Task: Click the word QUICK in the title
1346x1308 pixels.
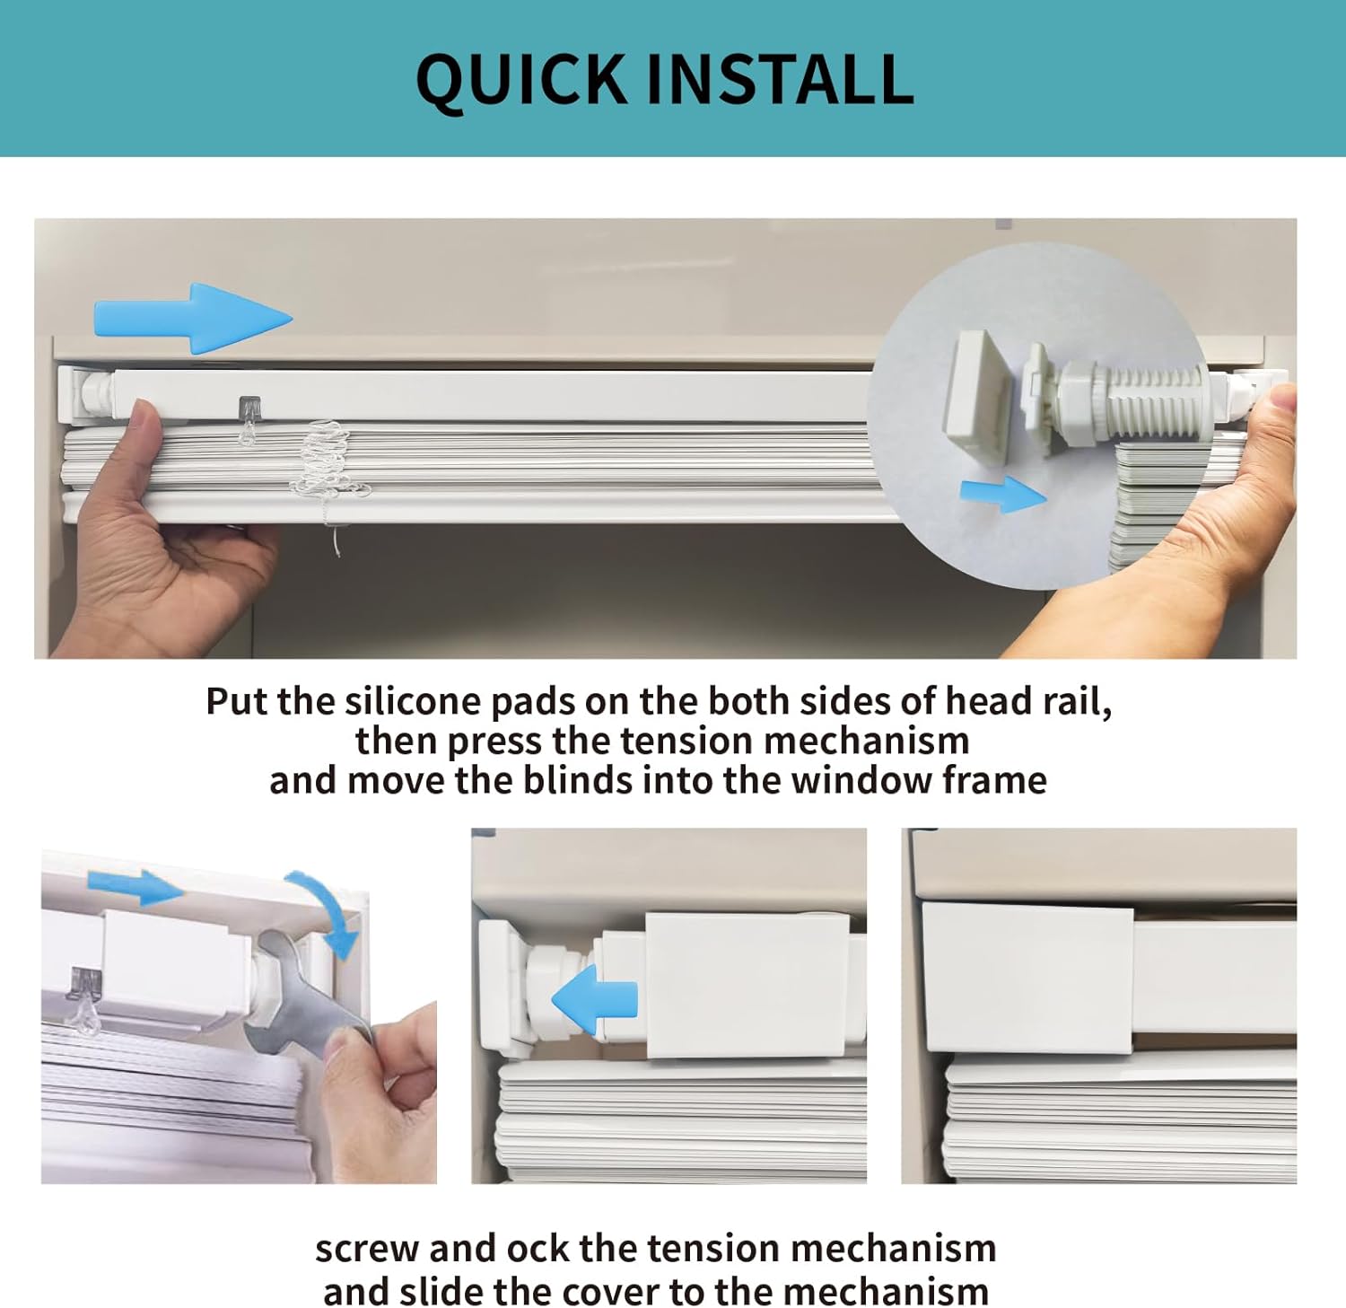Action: [x=521, y=81]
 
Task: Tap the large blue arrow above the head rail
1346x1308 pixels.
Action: [x=193, y=318]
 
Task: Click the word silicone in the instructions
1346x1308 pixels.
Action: [x=413, y=701]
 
